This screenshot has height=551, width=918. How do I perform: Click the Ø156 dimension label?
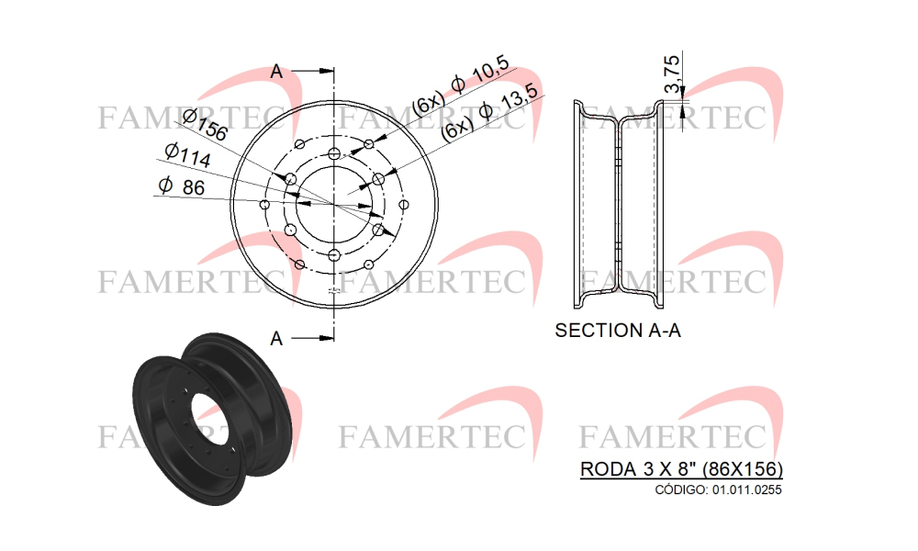pos(205,125)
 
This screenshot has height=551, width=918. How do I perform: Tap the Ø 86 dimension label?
pos(182,186)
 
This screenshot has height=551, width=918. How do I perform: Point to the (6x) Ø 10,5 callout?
pos(460,85)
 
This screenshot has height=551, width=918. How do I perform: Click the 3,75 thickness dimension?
pos(673,73)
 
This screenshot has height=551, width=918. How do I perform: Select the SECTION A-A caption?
pos(618,331)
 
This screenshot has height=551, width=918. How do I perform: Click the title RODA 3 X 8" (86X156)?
pos(681,469)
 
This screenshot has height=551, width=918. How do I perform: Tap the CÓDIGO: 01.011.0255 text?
pos(718,489)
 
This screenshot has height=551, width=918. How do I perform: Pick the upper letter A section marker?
pos(276,72)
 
